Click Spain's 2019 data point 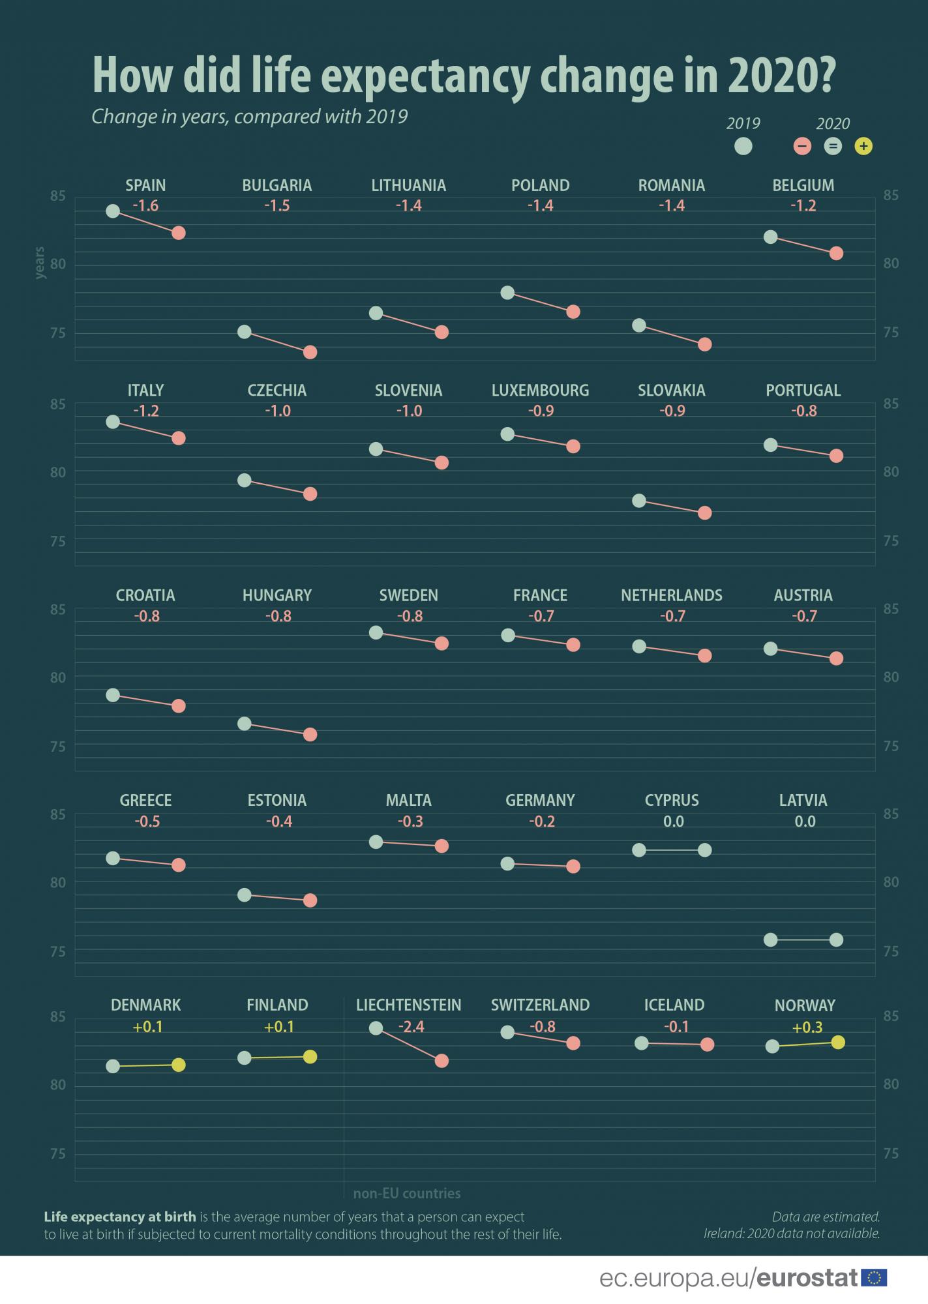tap(113, 211)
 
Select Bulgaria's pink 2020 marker tap(310, 352)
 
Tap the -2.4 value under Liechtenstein tap(411, 1027)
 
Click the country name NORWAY tap(805, 1005)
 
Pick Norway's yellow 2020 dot tap(839, 1042)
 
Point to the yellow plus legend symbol tap(863, 146)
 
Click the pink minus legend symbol tap(802, 146)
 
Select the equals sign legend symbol tap(833, 146)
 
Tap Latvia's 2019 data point tap(771, 940)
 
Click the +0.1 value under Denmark tap(147, 1027)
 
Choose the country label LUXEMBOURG tap(540, 391)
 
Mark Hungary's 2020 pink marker tap(310, 735)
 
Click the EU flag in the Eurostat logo tap(874, 1278)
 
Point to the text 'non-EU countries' tap(407, 1194)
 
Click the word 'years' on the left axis tap(40, 263)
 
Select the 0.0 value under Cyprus tap(673, 822)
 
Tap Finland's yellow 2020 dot tap(310, 1056)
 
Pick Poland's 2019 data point tap(507, 293)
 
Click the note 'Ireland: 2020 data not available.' tap(792, 1234)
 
